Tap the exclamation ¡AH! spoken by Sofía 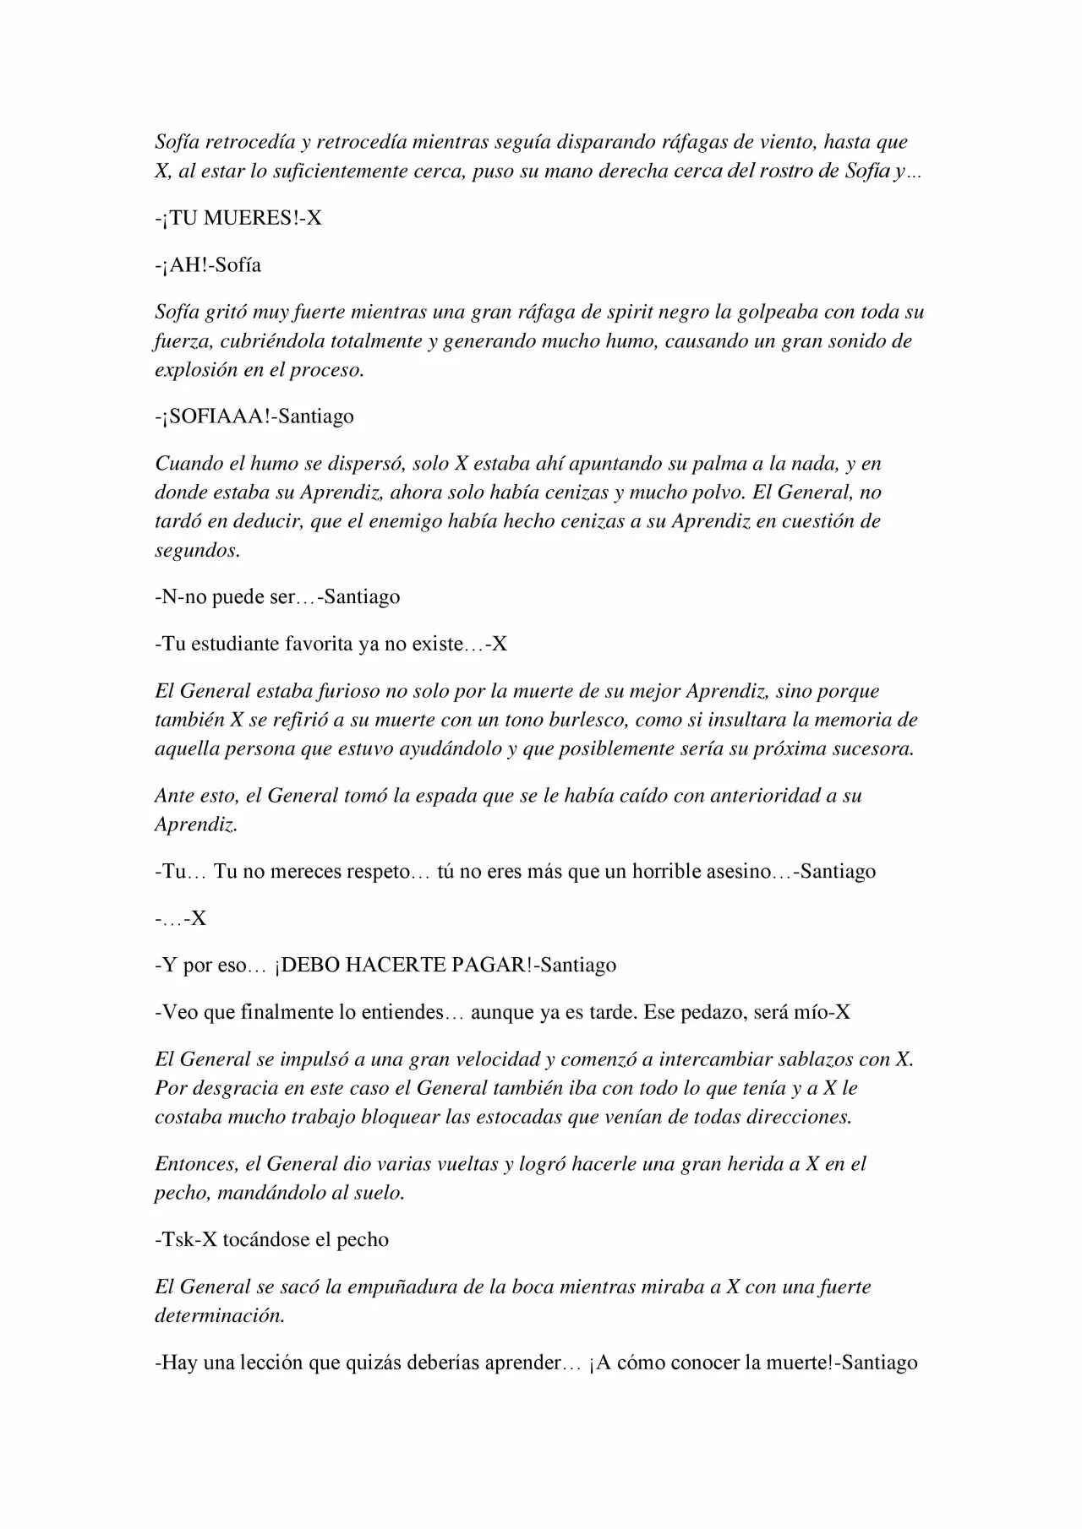(185, 265)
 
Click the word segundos (197, 550)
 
